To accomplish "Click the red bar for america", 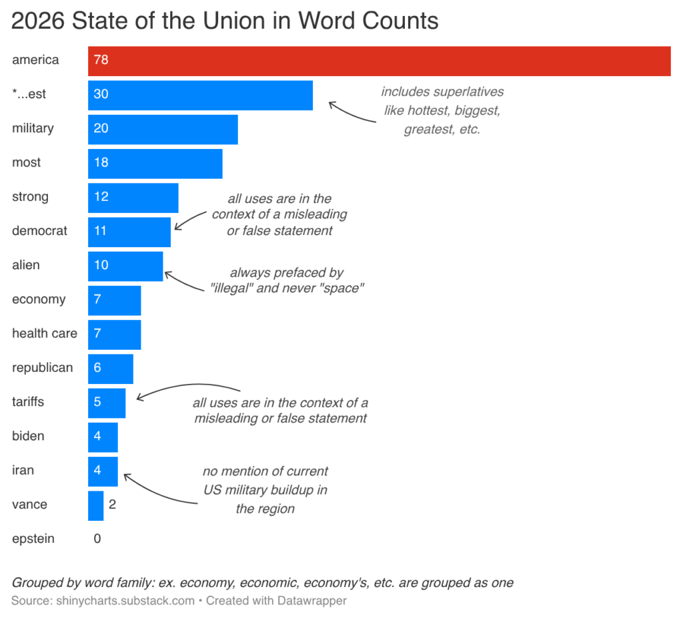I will pyautogui.click(x=379, y=61).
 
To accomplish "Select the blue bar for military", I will pyautogui.click(x=163, y=129).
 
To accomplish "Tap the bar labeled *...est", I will pyautogui.click(x=200, y=95).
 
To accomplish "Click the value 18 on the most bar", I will pyautogui.click(x=101, y=163).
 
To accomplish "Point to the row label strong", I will pyautogui.click(x=30, y=197).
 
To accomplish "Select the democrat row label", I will pyautogui.click(x=39, y=231).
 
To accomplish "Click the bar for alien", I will pyautogui.click(x=125, y=266).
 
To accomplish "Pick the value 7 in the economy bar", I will pyautogui.click(x=97, y=300).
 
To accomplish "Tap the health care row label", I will pyautogui.click(x=45, y=333).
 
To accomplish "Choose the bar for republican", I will pyautogui.click(x=111, y=369).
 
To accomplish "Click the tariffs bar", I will pyautogui.click(x=107, y=403).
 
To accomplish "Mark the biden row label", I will pyautogui.click(x=28, y=437).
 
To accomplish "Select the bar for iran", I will pyautogui.click(x=103, y=471).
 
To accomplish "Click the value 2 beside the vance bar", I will pyautogui.click(x=112, y=505).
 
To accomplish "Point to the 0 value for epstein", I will pyautogui.click(x=97, y=539).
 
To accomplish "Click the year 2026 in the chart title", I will pyautogui.click(x=38, y=21).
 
